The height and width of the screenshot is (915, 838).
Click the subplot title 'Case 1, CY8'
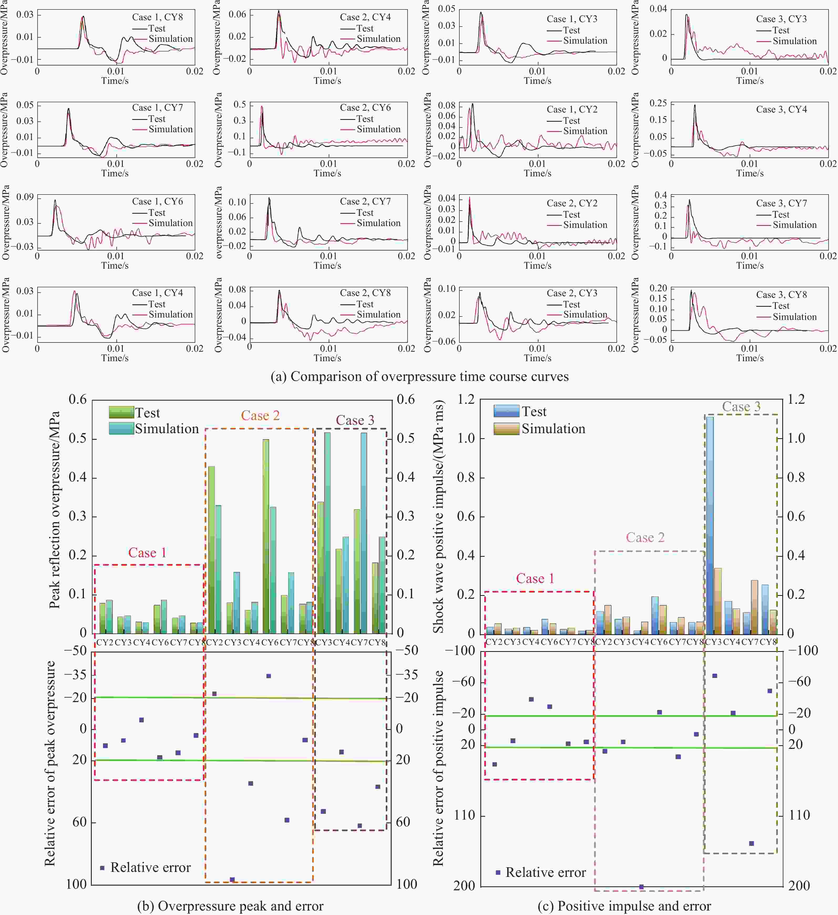(157, 17)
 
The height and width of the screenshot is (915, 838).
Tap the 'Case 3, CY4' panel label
(781, 109)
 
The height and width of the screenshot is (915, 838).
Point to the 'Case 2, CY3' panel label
(572, 293)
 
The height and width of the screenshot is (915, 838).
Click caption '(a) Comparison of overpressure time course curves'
(419, 377)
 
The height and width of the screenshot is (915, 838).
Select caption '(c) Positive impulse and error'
(624, 906)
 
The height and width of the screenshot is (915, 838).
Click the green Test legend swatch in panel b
(121, 412)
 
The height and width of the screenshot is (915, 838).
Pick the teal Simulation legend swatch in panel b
(121, 428)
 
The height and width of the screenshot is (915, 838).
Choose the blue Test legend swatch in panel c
(506, 411)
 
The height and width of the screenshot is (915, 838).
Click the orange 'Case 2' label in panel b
(260, 415)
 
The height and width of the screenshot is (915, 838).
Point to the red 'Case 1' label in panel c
(535, 579)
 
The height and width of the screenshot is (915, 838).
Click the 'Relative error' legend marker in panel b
(102, 868)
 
